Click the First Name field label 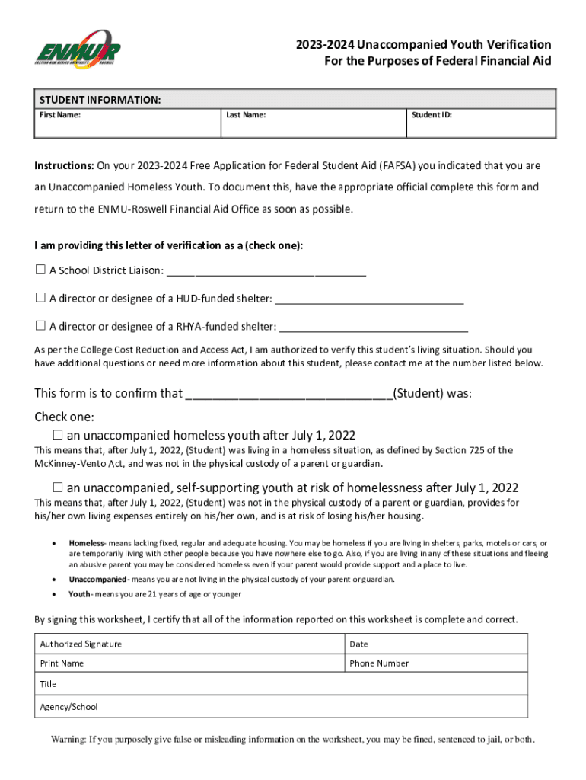pos(60,115)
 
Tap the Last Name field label pos(246,115)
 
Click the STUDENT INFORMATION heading pos(100,100)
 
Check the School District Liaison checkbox pos(40,270)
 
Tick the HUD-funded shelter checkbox pos(40,298)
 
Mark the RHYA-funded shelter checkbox pos(40,326)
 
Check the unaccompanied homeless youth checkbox pos(58,435)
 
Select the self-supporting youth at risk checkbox pos(58,487)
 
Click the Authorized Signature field pos(189,644)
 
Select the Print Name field pos(189,663)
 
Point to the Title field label pos(48,684)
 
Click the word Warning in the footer pos(68,739)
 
